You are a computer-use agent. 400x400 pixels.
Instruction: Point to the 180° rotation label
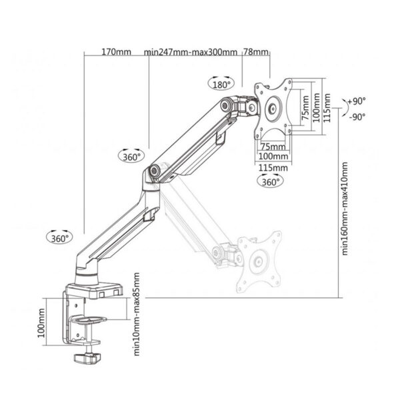[x=221, y=85]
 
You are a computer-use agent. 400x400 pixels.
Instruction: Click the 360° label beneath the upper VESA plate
[x=270, y=181]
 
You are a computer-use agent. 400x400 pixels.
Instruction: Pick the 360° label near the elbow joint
[x=132, y=157]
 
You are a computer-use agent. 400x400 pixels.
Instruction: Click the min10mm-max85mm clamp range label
[x=137, y=314]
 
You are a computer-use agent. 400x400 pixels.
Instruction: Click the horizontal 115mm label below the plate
[x=273, y=167]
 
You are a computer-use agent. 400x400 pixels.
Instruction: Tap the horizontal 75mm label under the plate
[x=269, y=146]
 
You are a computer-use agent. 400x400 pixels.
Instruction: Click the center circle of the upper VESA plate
[x=273, y=109]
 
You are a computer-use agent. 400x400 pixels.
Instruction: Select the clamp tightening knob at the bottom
[x=85, y=359]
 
